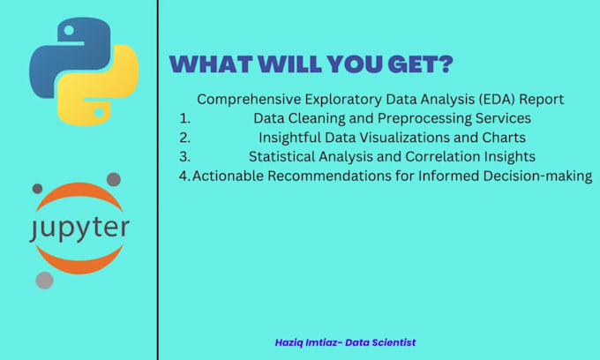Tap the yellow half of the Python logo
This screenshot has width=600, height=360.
click(101, 97)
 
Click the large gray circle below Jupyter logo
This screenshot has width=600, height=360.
click(44, 280)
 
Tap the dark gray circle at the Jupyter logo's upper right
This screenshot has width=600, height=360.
click(113, 180)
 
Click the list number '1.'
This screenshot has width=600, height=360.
click(184, 118)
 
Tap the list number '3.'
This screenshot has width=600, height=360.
click(184, 157)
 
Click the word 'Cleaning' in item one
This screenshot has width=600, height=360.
click(314, 118)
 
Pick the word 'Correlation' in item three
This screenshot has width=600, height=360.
click(446, 157)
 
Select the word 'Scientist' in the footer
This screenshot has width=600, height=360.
click(393, 341)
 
